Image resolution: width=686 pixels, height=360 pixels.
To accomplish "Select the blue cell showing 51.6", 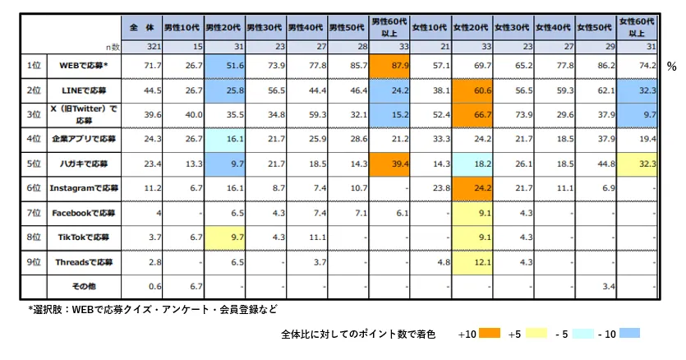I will pos(223,63).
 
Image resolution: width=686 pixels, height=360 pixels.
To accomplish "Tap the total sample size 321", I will pos(140,46).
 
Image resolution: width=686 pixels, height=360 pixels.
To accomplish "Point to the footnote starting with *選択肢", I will pos(152,310).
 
